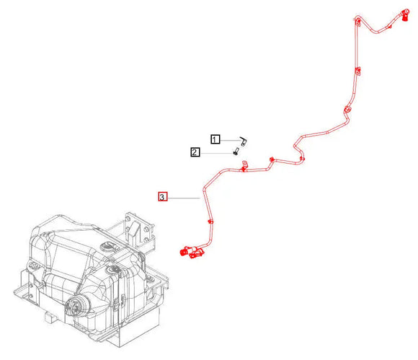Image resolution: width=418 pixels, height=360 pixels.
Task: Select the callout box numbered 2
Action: (x=195, y=152)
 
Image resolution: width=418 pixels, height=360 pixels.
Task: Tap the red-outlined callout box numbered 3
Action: (x=163, y=196)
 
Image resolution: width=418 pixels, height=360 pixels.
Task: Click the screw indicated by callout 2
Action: (x=236, y=152)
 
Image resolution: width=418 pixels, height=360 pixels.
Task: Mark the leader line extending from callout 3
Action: (x=183, y=196)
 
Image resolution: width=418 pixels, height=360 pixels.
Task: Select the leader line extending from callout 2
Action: (x=215, y=152)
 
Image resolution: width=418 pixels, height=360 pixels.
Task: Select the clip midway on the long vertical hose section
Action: (x=357, y=71)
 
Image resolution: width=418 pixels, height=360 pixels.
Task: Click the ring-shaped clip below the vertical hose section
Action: (x=347, y=109)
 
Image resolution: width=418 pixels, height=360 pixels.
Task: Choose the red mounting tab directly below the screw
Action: (x=244, y=167)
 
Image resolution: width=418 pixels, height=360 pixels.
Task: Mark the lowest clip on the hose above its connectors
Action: (x=209, y=220)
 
